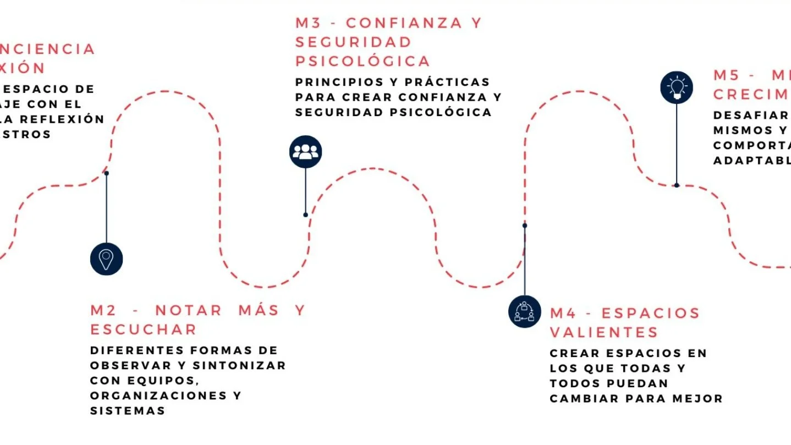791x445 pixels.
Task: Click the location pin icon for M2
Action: pyautogui.click(x=106, y=259)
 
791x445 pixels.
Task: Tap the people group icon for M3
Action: pyautogui.click(x=305, y=152)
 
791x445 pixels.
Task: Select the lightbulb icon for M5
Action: pyautogui.click(x=676, y=87)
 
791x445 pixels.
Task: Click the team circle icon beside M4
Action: pyautogui.click(x=524, y=311)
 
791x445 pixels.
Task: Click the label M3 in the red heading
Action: pyautogui.click(x=309, y=23)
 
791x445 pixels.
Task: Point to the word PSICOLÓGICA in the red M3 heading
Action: pyautogui.click(x=362, y=61)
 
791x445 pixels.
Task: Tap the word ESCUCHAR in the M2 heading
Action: pyautogui.click(x=144, y=329)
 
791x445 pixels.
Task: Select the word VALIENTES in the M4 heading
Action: pyautogui.click(x=604, y=332)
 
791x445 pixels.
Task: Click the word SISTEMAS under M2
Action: pyautogui.click(x=128, y=411)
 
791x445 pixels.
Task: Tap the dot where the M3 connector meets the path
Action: pyautogui.click(x=305, y=215)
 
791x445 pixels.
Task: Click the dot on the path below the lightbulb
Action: pyautogui.click(x=676, y=185)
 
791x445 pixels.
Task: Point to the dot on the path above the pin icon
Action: pyautogui.click(x=106, y=173)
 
